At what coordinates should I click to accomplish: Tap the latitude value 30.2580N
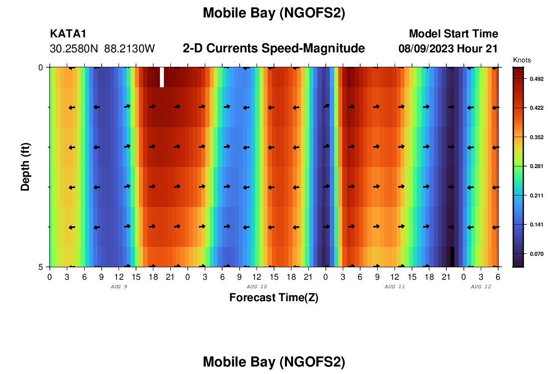[x=75, y=49]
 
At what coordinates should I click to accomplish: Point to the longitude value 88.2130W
[x=130, y=49]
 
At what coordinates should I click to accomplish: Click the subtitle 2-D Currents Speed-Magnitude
[x=274, y=48]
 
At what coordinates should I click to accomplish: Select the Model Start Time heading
[x=453, y=34]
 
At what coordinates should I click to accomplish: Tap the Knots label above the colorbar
[x=522, y=60]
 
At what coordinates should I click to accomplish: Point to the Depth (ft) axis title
[x=25, y=167]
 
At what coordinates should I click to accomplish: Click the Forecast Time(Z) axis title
[x=274, y=298]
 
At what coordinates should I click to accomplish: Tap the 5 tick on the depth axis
[x=40, y=267]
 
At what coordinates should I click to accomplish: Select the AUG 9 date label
[x=119, y=287]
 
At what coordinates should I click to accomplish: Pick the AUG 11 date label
[x=395, y=287]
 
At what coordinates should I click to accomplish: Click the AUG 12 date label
[x=481, y=287]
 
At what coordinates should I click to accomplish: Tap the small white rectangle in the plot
[x=162, y=77]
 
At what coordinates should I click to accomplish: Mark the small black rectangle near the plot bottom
[x=452, y=257]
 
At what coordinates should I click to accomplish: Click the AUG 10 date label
[x=257, y=287]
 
